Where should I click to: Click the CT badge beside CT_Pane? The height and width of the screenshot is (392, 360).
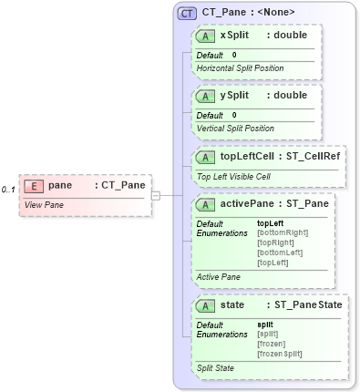click(188, 13)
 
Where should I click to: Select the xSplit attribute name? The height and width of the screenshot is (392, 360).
click(234, 36)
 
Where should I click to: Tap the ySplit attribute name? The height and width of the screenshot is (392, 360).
click(234, 95)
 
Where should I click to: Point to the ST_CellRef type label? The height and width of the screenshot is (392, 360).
click(311, 155)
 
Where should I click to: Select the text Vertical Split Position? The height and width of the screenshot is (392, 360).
click(235, 129)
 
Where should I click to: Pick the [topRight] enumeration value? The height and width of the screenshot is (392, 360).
click(274, 242)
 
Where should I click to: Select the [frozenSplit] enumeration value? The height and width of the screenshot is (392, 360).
click(278, 353)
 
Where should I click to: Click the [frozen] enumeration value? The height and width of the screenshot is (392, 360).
click(271, 343)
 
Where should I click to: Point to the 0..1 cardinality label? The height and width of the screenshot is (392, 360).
click(8, 189)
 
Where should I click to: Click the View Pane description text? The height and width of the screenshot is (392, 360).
click(43, 204)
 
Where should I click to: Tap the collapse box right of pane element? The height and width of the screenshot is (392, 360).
click(155, 194)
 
